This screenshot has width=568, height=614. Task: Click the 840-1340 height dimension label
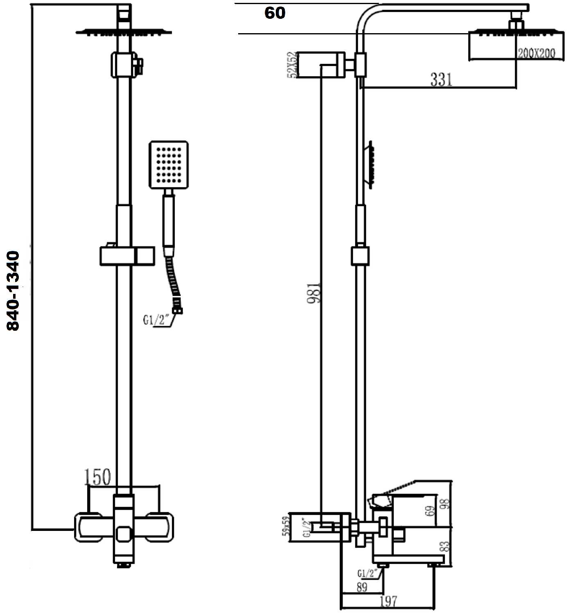click(13, 291)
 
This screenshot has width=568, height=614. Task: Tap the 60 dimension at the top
click(275, 13)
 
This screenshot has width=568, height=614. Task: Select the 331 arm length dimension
click(441, 79)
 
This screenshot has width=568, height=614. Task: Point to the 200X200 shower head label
click(536, 53)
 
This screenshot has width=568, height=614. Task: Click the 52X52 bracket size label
click(291, 65)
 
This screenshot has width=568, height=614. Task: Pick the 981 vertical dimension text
click(315, 292)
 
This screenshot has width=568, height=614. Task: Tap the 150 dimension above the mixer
click(97, 477)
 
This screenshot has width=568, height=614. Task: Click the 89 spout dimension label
click(362, 587)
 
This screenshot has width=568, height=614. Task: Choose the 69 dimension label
click(430, 511)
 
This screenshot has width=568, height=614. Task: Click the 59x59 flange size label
click(286, 526)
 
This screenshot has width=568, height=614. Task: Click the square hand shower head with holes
click(169, 165)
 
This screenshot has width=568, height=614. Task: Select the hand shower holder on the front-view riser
click(127, 256)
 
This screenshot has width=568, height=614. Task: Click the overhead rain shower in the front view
click(124, 32)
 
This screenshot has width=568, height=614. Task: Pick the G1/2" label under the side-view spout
click(366, 573)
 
